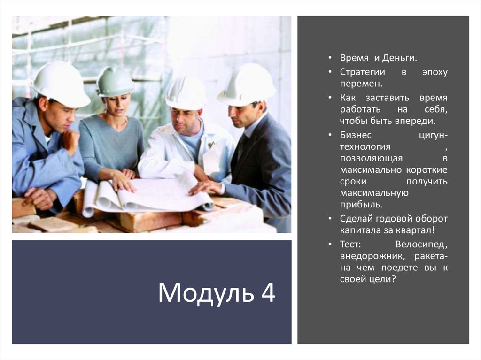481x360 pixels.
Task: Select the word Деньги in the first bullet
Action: (399, 58)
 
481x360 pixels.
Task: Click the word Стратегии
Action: (363, 72)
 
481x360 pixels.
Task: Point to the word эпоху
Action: (434, 72)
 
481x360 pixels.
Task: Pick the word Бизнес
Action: (356, 135)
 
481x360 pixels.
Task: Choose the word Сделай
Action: (357, 219)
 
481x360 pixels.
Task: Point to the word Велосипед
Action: (421, 245)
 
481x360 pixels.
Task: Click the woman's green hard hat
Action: (115, 81)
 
